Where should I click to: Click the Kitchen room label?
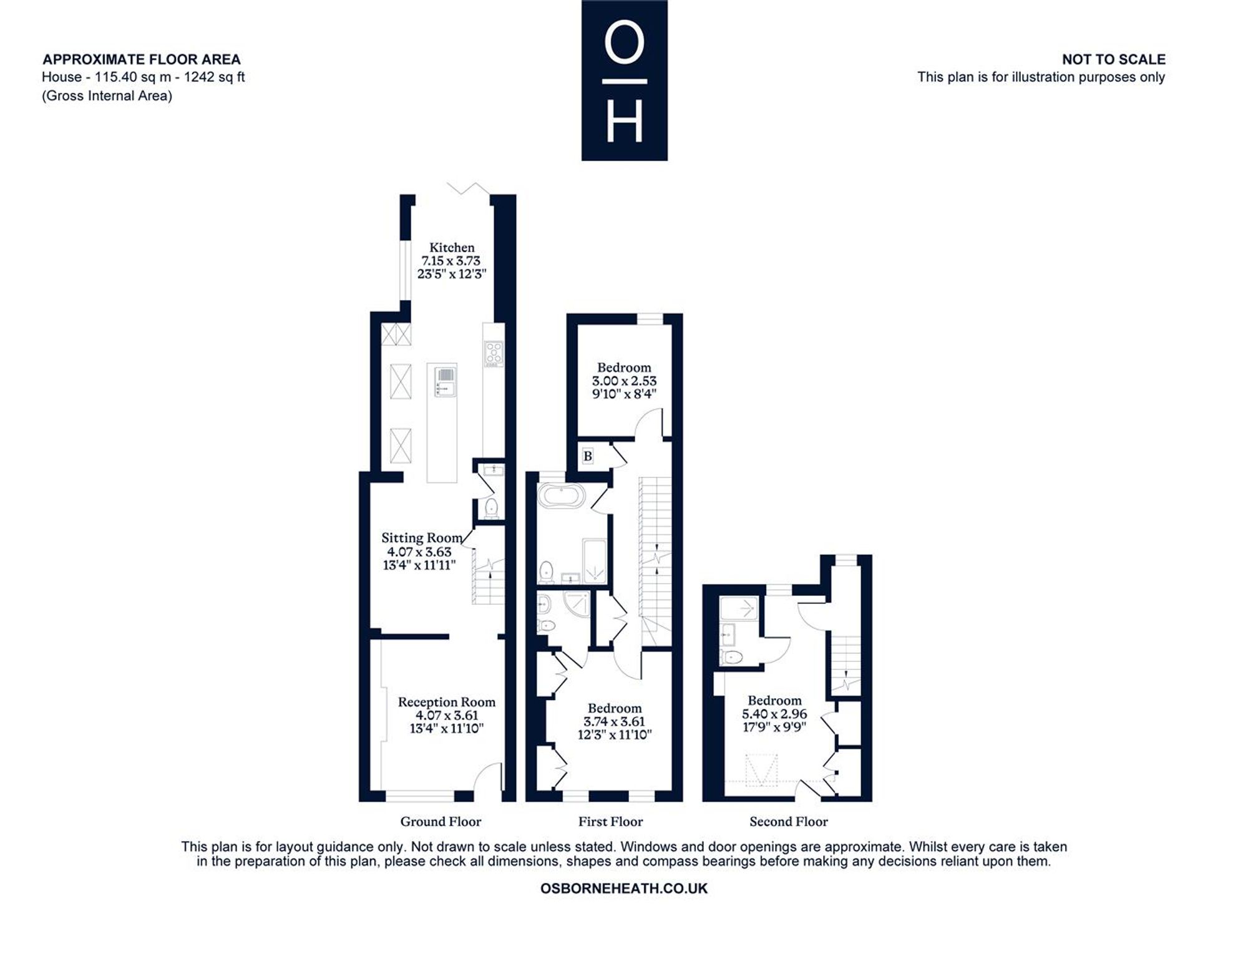[452, 248]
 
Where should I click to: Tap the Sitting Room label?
[422, 538]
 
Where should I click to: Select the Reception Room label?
[447, 702]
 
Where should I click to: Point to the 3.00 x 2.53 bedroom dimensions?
[624, 381]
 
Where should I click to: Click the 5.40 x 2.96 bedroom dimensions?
[774, 714]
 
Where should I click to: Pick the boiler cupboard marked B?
[587, 456]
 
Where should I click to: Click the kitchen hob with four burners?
[494, 354]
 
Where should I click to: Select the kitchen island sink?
[446, 381]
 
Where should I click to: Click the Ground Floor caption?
[441, 822]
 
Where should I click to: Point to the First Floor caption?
[610, 822]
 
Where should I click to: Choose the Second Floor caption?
[789, 822]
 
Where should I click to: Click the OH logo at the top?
[625, 80]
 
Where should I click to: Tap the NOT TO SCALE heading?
[1114, 59]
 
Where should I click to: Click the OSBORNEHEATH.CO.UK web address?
[624, 889]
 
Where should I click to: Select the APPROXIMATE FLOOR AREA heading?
[142, 59]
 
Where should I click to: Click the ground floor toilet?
[491, 507]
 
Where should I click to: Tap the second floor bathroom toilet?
[731, 656]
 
